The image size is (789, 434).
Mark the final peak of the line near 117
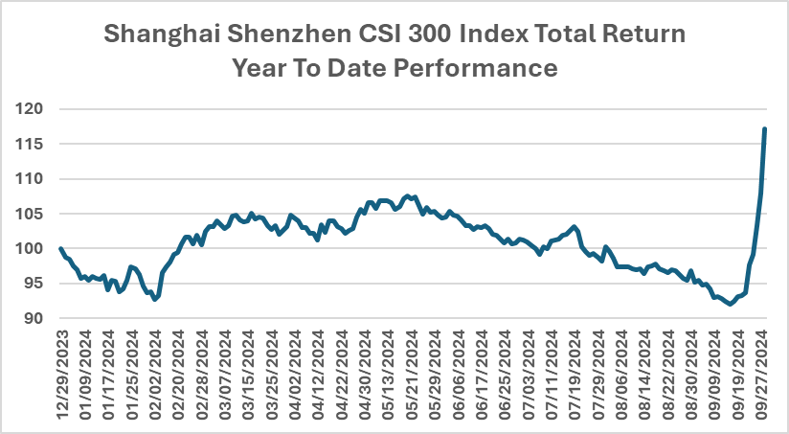(x=764, y=129)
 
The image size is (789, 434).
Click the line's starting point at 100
(x=61, y=249)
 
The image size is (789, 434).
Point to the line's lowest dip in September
(x=731, y=304)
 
